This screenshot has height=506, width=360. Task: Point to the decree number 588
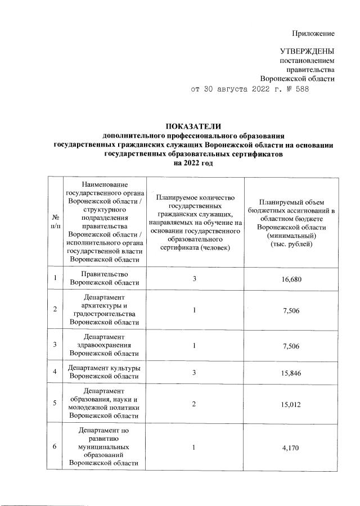[x=301, y=89]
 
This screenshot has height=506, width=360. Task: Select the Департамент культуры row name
[x=104, y=373]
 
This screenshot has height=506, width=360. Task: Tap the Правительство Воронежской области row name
[x=104, y=279]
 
